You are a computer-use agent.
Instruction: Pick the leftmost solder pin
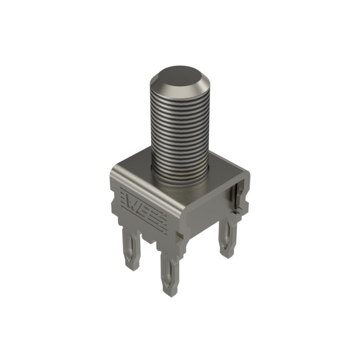(x=131, y=250)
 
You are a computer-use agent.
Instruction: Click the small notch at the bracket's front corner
(x=179, y=237)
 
